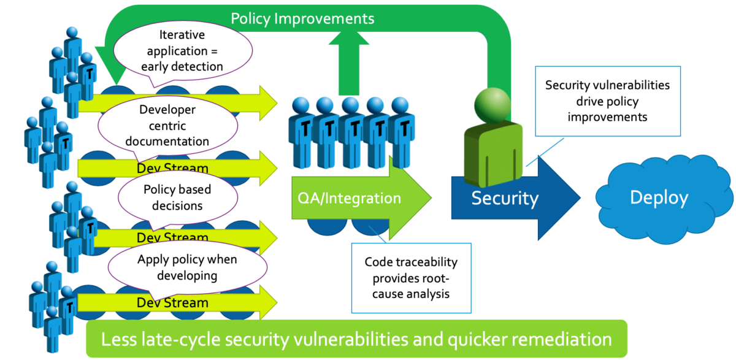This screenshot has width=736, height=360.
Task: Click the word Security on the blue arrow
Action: [x=505, y=198]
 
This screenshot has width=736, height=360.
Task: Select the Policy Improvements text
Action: [x=302, y=18]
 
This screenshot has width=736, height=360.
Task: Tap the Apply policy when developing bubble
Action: [x=187, y=268]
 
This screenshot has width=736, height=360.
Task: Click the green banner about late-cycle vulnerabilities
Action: [x=356, y=339]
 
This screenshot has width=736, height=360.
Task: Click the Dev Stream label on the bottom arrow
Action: [x=172, y=302]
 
